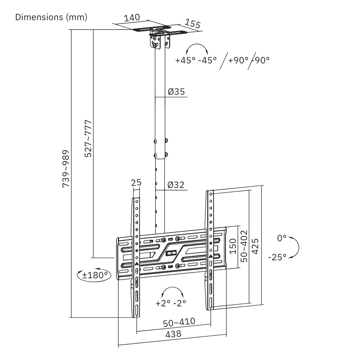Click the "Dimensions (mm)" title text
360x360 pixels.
[x=51, y=17]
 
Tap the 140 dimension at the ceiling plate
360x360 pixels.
[x=132, y=18]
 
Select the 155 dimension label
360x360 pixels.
[x=193, y=24]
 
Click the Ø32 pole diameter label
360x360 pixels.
[x=176, y=185]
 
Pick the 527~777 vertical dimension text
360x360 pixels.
[x=88, y=139]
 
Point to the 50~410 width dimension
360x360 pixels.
[x=179, y=322]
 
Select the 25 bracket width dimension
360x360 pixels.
[x=136, y=183]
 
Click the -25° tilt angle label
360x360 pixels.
[x=277, y=257]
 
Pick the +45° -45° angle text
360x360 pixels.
[x=196, y=60]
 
